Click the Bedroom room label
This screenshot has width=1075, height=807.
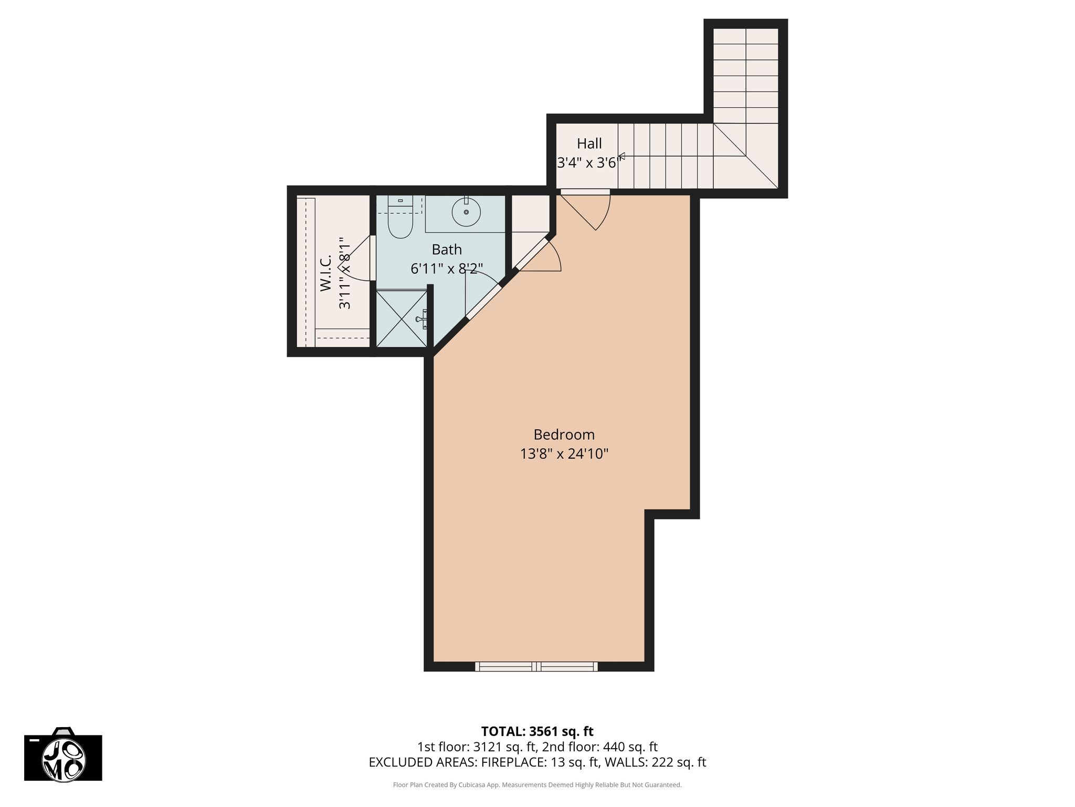coord(564,434)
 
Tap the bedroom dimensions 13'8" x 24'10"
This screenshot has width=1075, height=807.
coord(564,453)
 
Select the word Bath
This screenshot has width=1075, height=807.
coord(447,249)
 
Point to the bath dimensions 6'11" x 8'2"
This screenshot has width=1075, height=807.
coord(447,268)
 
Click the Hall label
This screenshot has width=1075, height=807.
coord(589,143)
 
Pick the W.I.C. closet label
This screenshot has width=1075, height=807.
coord(325,273)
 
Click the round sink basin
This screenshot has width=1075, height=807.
coord(466,212)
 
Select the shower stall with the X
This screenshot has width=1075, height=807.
coord(402,318)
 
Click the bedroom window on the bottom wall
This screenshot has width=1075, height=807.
coord(536,666)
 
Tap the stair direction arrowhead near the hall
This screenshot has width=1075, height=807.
coord(621,156)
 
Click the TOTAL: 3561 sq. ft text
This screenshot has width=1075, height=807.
coord(537,731)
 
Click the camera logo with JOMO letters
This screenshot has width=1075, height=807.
coord(63,754)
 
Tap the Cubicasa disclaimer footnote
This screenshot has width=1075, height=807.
coord(537,785)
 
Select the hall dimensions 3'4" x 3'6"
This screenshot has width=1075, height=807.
coord(587,163)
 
